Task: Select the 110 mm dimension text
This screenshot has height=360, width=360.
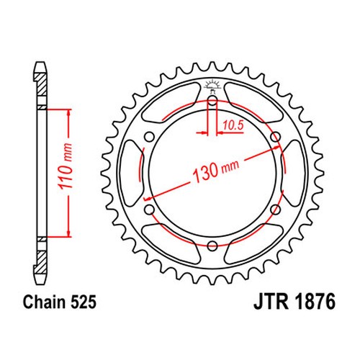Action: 66,166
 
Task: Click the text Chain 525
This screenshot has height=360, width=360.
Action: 60,302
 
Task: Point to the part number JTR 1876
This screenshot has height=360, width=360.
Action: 294,302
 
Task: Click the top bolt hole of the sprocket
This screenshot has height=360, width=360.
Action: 212,100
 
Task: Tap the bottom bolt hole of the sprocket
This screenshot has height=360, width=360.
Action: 212,246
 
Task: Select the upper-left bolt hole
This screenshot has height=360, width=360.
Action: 150,137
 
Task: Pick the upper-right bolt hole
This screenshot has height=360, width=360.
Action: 275,137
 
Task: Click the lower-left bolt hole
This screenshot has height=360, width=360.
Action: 150,210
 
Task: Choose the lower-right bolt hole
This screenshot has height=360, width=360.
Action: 275,210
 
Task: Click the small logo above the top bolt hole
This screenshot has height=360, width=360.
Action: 212,86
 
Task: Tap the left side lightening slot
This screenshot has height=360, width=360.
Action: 132,173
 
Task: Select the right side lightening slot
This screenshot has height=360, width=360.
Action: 294,173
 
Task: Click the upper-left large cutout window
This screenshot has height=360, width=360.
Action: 171,102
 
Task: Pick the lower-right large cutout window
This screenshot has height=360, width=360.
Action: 254,244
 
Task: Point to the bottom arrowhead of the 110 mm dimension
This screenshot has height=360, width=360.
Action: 69,233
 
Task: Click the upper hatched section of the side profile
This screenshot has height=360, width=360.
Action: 40,85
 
